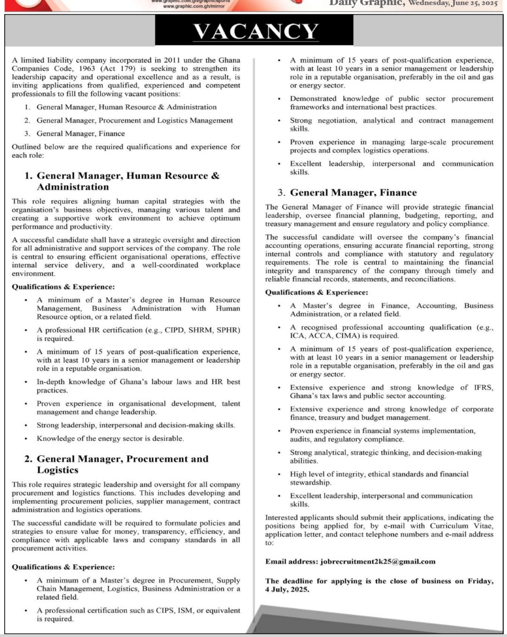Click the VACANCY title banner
click(x=256, y=32)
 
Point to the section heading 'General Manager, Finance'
click(x=353, y=193)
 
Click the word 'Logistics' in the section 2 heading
click(x=57, y=470)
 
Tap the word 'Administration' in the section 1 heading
click(x=73, y=187)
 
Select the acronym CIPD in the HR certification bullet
click(x=174, y=330)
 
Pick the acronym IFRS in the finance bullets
click(x=483, y=387)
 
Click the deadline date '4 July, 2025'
click(x=287, y=589)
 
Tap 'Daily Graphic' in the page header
click(x=366, y=3)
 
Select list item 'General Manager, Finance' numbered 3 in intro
click(x=80, y=134)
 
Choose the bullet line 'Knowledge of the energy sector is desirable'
click(x=110, y=438)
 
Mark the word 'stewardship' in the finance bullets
click(x=310, y=483)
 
